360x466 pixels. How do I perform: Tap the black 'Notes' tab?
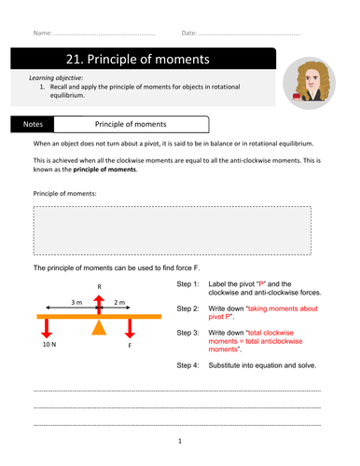click(33, 123)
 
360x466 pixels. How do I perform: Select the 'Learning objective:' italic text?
click(57, 78)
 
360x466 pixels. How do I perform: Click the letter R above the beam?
click(100, 288)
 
